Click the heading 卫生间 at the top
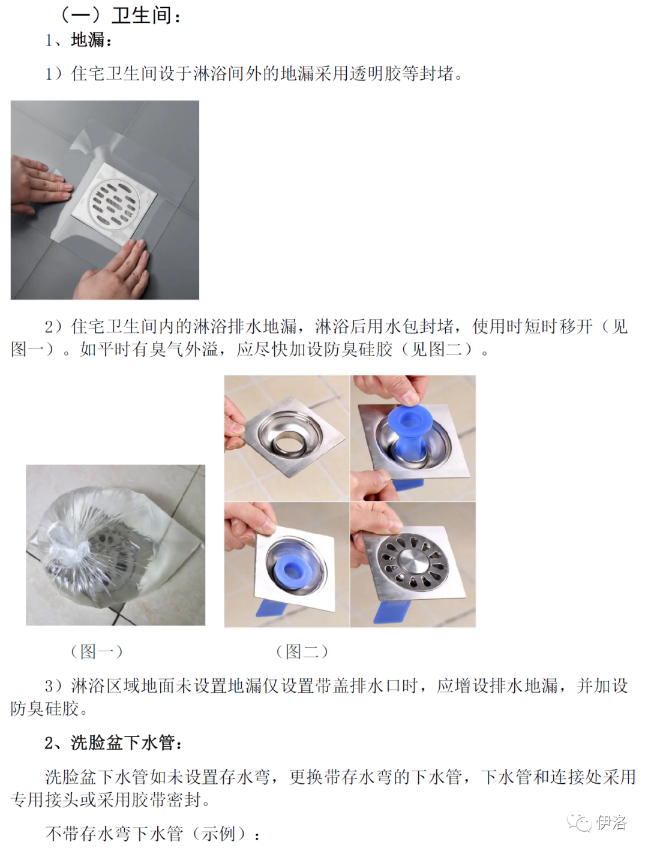(142, 16)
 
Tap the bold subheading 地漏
(88, 40)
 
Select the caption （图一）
(97, 651)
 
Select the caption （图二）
(302, 651)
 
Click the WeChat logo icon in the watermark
(580, 822)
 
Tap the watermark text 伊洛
(611, 822)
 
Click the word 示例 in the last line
(218, 834)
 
